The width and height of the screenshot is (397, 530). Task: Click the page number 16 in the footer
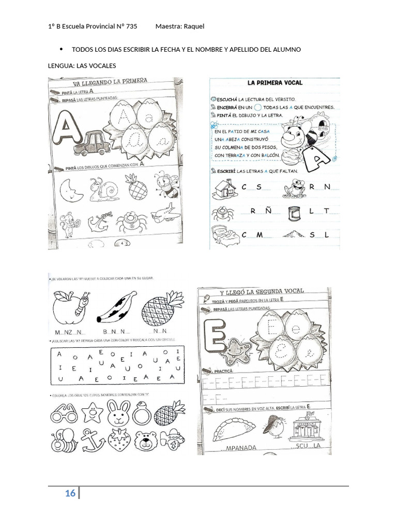(x=70, y=493)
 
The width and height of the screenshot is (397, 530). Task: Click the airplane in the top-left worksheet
(x=166, y=214)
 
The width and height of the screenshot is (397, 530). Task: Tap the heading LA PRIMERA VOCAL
(x=275, y=82)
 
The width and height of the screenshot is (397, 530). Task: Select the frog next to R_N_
(x=296, y=188)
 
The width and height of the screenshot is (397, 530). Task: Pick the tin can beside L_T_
(x=296, y=212)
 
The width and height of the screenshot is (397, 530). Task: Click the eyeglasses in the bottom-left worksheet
(x=64, y=414)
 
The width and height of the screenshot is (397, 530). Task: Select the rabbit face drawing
(x=119, y=412)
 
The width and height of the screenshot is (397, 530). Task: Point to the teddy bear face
(x=147, y=440)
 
